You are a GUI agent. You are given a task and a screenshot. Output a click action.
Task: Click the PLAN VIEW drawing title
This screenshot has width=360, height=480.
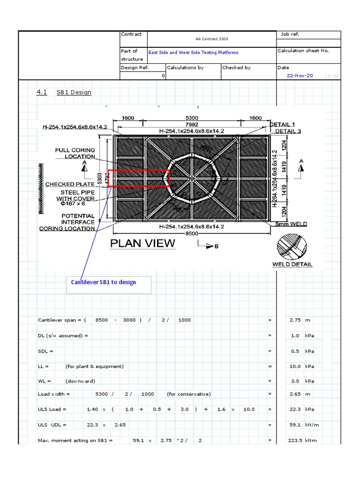click(142, 243)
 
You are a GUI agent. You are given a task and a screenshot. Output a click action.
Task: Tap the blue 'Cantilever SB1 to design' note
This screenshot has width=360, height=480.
click(104, 282)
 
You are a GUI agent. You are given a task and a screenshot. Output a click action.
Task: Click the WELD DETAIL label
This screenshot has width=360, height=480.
click(292, 264)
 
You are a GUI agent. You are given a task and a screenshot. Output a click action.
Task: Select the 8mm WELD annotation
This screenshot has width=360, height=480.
click(292, 224)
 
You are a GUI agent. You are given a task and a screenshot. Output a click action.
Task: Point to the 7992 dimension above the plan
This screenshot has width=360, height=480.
click(192, 124)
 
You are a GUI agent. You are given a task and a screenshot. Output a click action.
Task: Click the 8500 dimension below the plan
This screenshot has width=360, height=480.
click(192, 233)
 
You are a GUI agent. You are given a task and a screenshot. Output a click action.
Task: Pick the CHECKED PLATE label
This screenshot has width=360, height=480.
click(70, 184)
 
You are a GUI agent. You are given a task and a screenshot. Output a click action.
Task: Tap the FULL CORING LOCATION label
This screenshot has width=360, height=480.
click(75, 153)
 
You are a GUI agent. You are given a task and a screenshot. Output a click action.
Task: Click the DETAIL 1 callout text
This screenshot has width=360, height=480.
click(283, 124)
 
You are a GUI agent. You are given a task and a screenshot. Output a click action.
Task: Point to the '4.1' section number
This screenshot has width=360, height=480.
click(42, 92)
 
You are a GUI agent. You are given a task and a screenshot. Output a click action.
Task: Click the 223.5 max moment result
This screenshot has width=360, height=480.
click(295, 441)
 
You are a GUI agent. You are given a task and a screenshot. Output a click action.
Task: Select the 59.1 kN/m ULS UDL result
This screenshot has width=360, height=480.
click(295, 425)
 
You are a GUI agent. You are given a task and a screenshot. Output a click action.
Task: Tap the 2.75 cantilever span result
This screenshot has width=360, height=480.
click(295, 320)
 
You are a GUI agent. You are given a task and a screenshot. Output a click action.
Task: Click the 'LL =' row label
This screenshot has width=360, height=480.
click(45, 367)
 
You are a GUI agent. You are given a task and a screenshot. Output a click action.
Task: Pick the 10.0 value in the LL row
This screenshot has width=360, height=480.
click(295, 367)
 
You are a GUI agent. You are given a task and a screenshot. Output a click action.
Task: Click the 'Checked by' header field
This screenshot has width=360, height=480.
click(236, 67)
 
